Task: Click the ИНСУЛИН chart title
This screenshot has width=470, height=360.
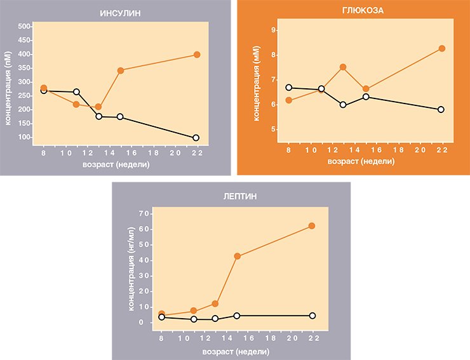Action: click(120, 13)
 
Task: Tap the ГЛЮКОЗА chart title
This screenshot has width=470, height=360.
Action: click(363, 11)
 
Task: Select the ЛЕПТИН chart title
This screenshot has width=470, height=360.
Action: click(240, 196)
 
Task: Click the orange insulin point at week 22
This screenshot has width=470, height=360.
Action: click(197, 55)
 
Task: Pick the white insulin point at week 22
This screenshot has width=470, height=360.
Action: click(196, 138)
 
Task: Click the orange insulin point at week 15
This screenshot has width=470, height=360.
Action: click(121, 70)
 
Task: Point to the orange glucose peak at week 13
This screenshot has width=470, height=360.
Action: click(343, 67)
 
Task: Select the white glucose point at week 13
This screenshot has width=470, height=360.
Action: click(343, 105)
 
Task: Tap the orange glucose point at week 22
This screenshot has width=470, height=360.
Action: click(442, 48)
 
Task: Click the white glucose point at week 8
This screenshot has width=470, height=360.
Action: click(288, 88)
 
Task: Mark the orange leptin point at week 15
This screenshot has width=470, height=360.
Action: click(238, 257)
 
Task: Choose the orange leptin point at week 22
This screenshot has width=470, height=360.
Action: click(312, 226)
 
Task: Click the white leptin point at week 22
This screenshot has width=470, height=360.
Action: click(312, 316)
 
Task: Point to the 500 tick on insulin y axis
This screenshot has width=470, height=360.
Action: click(24, 27)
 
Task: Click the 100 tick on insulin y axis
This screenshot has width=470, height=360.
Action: click(24, 137)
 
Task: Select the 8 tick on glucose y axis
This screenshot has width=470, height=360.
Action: click(273, 55)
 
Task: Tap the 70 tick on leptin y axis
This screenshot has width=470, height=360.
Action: click(144, 214)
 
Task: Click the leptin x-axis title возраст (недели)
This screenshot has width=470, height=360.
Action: click(236, 352)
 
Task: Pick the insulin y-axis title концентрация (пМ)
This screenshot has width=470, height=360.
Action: click(8, 88)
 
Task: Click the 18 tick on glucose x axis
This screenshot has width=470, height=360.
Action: click(398, 150)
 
